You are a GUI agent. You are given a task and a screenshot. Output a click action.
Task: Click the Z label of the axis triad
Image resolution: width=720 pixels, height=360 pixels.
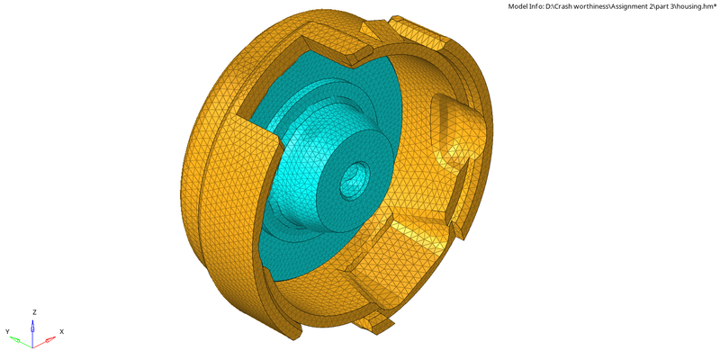[x=34, y=311]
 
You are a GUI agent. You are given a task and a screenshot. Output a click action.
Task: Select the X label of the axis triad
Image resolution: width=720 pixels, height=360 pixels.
[x=61, y=331]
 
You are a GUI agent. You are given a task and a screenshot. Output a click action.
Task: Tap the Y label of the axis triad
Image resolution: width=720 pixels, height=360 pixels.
[x=7, y=331]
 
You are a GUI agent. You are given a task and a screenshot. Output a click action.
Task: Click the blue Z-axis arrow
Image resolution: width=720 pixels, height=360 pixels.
[x=34, y=326]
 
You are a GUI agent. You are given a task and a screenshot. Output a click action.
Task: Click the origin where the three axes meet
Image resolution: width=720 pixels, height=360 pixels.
[x=33, y=344]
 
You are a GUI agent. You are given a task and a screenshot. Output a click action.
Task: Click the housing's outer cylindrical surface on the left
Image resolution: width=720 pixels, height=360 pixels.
[x=211, y=198]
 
